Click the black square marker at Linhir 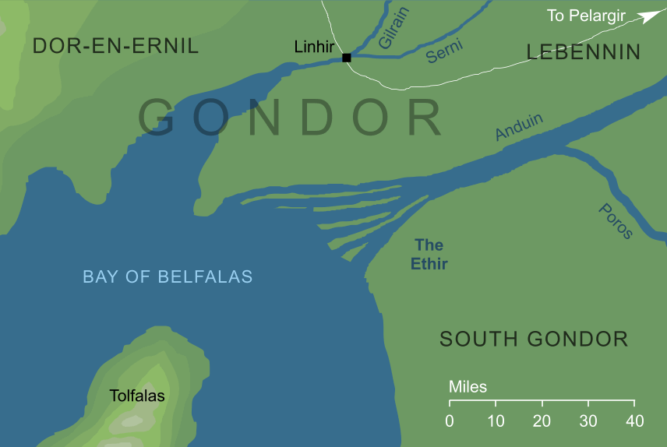[347, 58]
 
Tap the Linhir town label [314, 48]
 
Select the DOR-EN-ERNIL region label [115, 46]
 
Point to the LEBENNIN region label [584, 52]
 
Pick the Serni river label [445, 51]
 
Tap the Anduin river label [519, 127]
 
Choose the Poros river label [616, 220]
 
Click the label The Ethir [429, 255]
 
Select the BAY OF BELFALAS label [168, 276]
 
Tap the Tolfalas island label [137, 396]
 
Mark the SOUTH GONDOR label [534, 339]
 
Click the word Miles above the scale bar [468, 387]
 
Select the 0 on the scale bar [450, 421]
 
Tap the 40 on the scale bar [634, 421]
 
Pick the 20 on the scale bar [542, 421]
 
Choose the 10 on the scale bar [496, 421]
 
